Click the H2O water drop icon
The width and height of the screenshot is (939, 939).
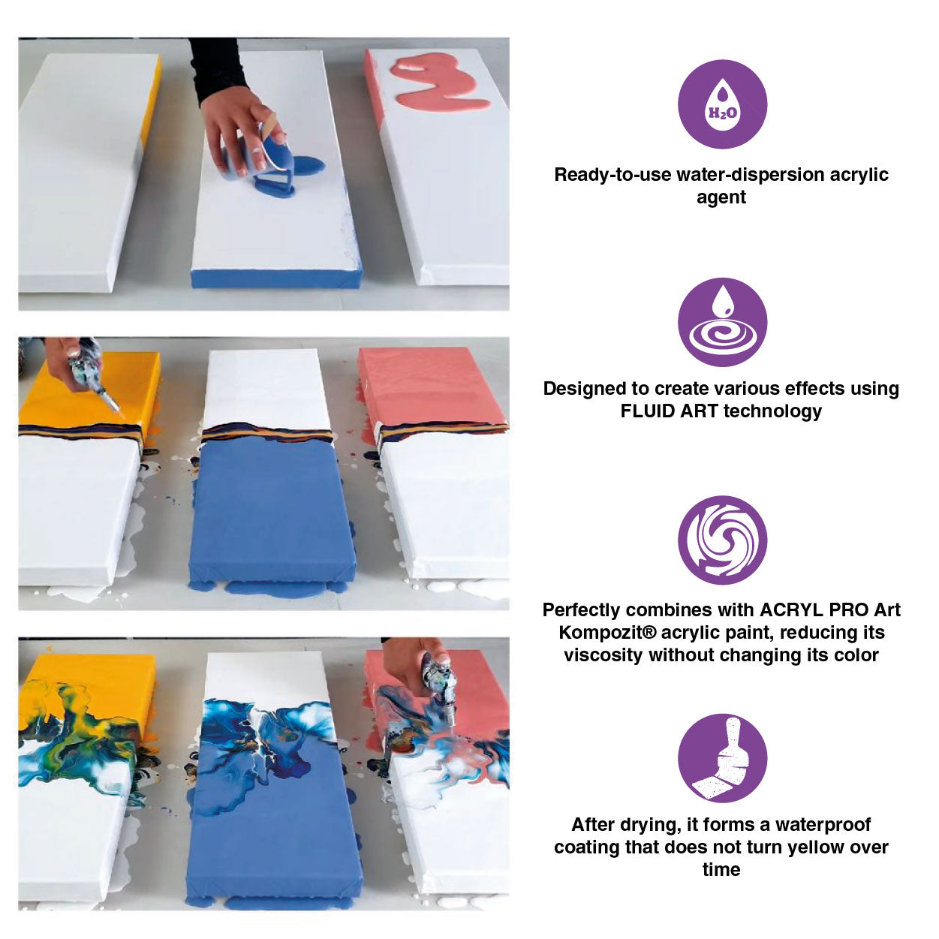[722, 104]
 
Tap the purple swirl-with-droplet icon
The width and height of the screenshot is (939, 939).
[722, 322]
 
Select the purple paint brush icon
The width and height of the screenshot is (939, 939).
[722, 757]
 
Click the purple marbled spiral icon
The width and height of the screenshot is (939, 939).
[722, 540]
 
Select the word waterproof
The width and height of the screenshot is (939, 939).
[823, 824]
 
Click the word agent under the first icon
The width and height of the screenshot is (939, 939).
[721, 198]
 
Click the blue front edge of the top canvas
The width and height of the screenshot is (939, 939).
[275, 278]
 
